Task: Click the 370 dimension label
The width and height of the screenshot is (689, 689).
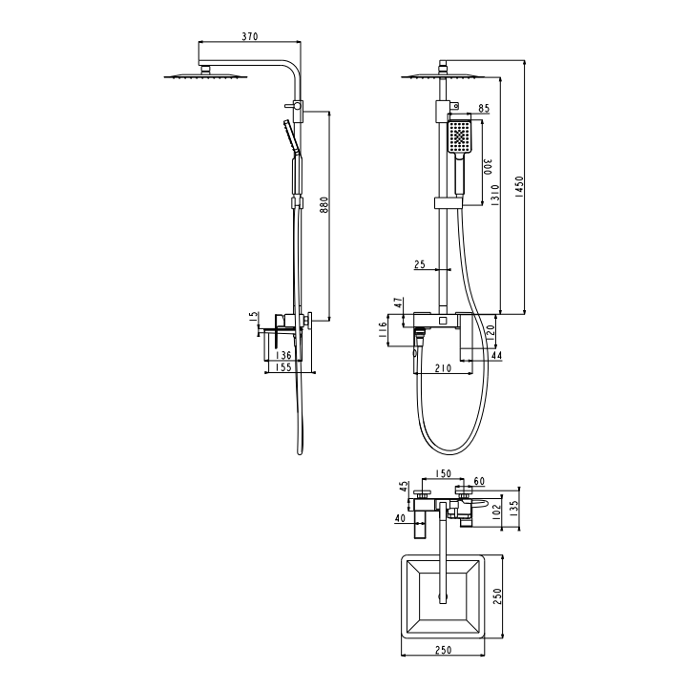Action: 250,36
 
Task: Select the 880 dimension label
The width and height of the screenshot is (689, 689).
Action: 324,205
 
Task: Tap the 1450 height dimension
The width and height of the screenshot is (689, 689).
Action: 519,186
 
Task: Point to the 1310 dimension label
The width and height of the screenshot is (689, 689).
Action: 494,196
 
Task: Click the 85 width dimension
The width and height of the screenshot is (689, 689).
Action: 484,108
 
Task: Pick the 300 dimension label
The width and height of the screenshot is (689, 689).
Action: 488,167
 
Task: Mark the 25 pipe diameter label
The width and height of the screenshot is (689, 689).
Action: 420,264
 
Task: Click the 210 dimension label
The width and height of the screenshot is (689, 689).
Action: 443,368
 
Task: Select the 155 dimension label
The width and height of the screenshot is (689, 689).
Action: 283,367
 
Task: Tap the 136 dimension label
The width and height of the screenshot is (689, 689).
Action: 283,355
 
